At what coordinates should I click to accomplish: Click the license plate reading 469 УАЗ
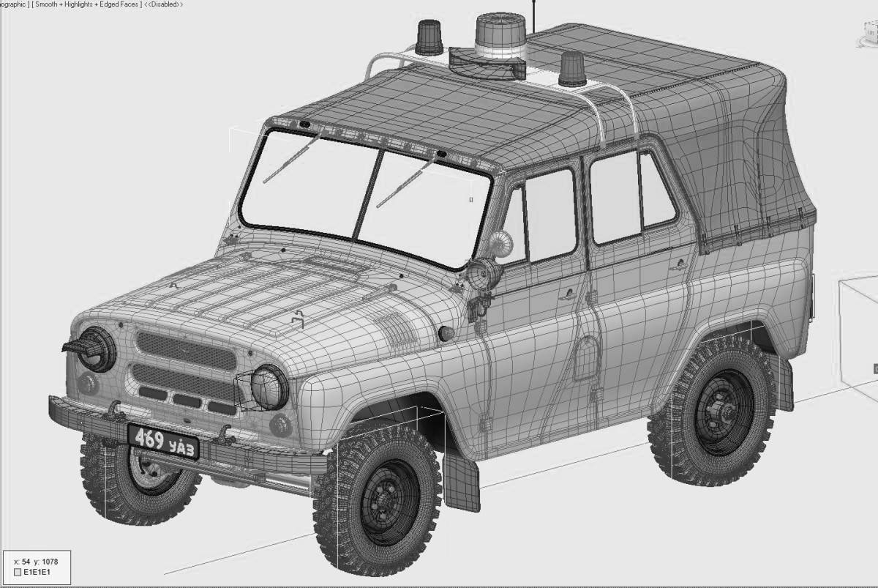163,442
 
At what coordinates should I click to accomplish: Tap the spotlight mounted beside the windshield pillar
484,275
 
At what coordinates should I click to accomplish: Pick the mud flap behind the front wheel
462,480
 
